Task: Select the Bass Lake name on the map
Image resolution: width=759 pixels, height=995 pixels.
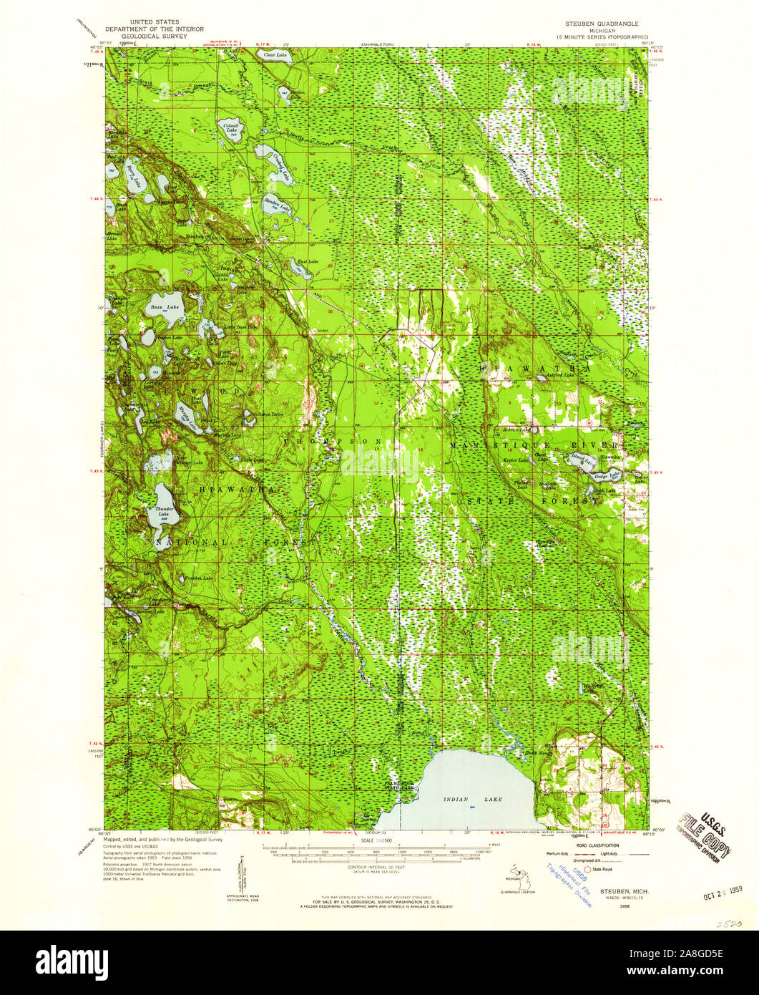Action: coord(159,308)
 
